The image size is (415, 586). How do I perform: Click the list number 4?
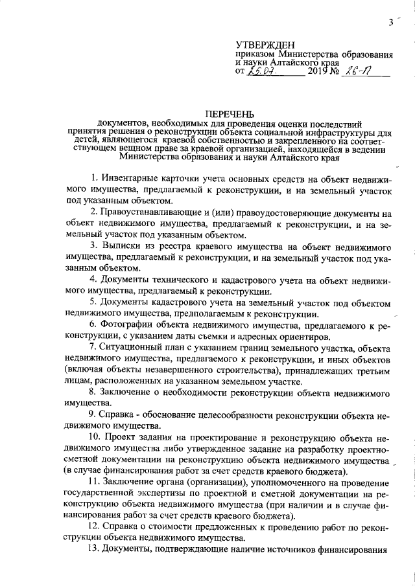point(93,283)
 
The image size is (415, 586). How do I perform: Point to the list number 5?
point(92,302)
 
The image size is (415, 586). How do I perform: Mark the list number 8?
point(92,393)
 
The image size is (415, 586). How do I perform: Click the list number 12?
point(95,528)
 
